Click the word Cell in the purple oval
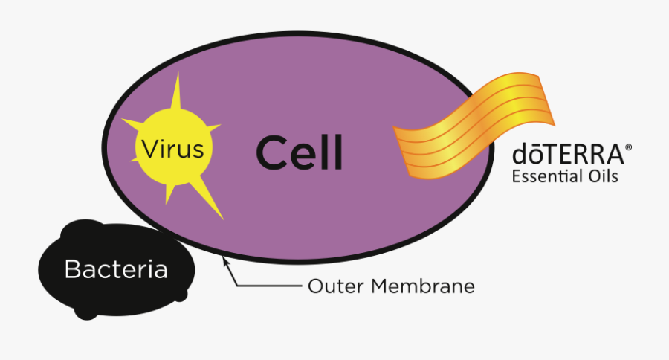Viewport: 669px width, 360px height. click(299, 152)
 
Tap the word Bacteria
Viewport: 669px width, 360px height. click(116, 269)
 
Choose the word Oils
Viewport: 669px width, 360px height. click(602, 177)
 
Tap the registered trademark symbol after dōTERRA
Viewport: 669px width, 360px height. click(629, 149)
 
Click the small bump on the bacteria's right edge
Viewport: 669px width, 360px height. click(181, 295)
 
